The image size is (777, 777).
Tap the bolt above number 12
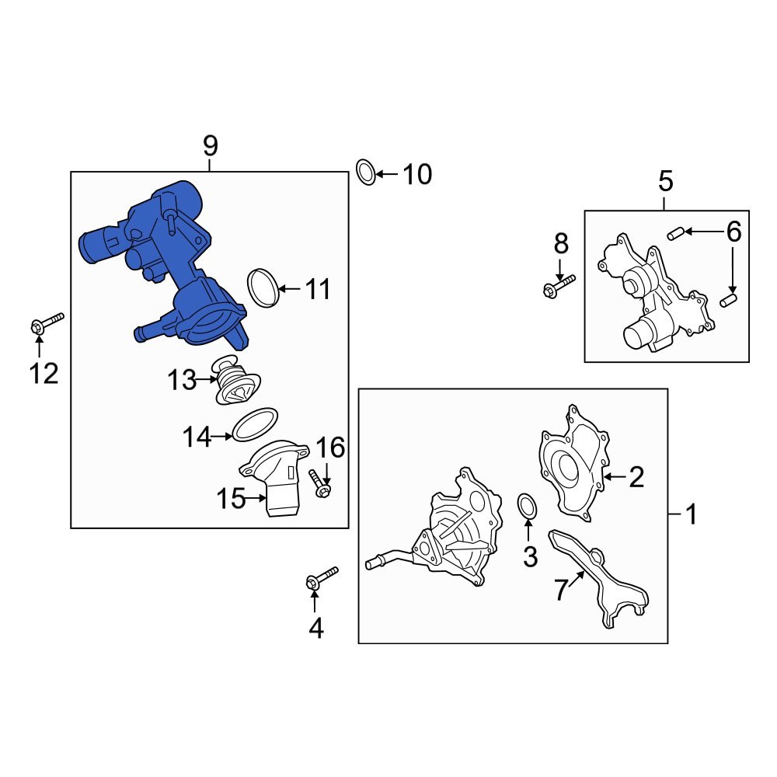click(47, 322)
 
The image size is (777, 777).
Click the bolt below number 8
click(559, 286)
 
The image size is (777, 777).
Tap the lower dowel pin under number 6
click(729, 300)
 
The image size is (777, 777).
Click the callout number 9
click(210, 146)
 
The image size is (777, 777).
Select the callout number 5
click(666, 181)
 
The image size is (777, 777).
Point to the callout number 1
click(692, 514)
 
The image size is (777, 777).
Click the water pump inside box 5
click(654, 292)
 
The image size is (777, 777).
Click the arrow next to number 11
click(289, 288)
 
